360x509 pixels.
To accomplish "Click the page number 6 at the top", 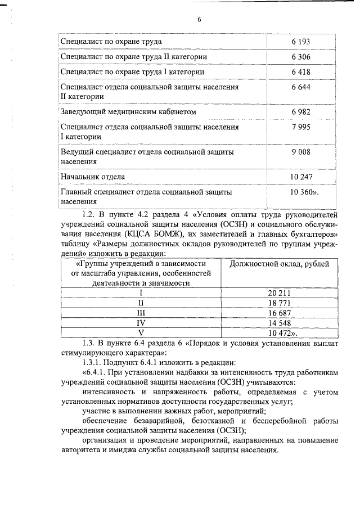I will [199, 20].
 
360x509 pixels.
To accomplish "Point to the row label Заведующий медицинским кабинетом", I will [128, 112].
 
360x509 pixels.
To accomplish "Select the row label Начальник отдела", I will [92, 177].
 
